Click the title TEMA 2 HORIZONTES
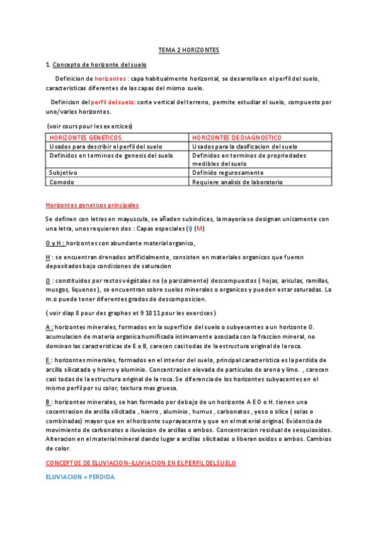(x=188, y=50)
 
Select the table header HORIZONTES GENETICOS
(x=85, y=138)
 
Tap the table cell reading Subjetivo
(x=63, y=172)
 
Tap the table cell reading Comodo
(x=62, y=182)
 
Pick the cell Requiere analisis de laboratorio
(x=237, y=182)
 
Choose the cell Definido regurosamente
(x=227, y=172)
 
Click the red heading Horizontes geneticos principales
(x=92, y=205)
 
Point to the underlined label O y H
(x=55, y=243)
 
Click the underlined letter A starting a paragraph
(x=49, y=327)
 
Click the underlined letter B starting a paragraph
(x=49, y=401)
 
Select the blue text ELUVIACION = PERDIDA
(x=79, y=477)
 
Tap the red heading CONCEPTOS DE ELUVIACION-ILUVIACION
(x=140, y=462)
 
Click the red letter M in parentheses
(x=200, y=228)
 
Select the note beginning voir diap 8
(x=131, y=313)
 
